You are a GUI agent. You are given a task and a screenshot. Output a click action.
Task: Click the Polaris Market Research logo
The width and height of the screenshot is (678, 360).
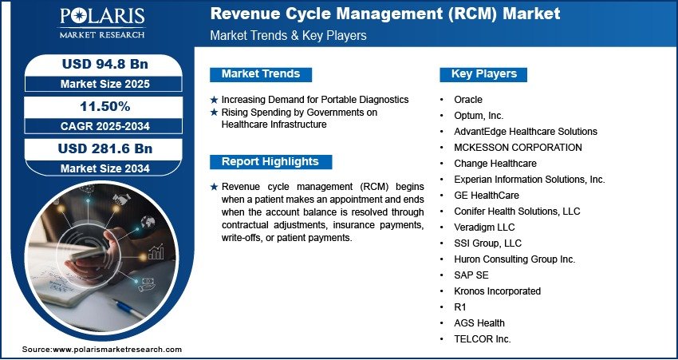pyautogui.click(x=102, y=22)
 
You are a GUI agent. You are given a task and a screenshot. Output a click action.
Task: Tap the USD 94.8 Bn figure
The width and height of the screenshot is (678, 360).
pyautogui.click(x=105, y=64)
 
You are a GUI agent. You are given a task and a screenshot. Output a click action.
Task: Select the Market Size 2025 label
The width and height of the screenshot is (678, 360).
pyautogui.click(x=105, y=84)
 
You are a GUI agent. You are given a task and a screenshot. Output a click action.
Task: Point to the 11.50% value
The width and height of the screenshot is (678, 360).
pyautogui.click(x=105, y=106)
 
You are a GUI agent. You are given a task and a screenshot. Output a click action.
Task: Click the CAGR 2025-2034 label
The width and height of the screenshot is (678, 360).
pyautogui.click(x=105, y=126)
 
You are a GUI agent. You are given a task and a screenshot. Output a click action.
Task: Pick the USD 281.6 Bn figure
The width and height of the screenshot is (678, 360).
pyautogui.click(x=105, y=148)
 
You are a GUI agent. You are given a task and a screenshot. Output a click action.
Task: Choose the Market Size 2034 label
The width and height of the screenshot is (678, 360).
pyautogui.click(x=105, y=168)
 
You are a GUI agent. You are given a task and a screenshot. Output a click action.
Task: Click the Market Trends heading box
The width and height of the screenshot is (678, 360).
pyautogui.click(x=261, y=74)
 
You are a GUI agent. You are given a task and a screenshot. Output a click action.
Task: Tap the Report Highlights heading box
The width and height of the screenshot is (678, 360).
pyautogui.click(x=270, y=162)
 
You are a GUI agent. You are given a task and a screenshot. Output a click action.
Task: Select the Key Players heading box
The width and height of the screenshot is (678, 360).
pyautogui.click(x=483, y=74)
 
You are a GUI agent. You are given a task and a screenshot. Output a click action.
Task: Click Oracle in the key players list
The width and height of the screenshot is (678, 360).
pyautogui.click(x=468, y=100)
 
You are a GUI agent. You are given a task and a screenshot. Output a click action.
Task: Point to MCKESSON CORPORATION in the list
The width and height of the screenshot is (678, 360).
pyautogui.click(x=518, y=148)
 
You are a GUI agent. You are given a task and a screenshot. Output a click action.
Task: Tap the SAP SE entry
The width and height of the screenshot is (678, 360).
pyautogui.click(x=471, y=275)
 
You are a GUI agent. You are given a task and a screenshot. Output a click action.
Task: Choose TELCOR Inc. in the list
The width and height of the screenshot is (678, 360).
pyautogui.click(x=483, y=339)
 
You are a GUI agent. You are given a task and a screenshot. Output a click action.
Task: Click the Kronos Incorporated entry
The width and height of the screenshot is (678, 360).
pyautogui.click(x=497, y=291)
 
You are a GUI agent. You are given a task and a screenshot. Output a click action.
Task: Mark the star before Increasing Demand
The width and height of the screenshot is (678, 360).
pyautogui.click(x=214, y=100)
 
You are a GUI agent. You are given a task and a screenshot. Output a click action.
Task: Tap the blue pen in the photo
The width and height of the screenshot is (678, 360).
pyautogui.click(x=127, y=307)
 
